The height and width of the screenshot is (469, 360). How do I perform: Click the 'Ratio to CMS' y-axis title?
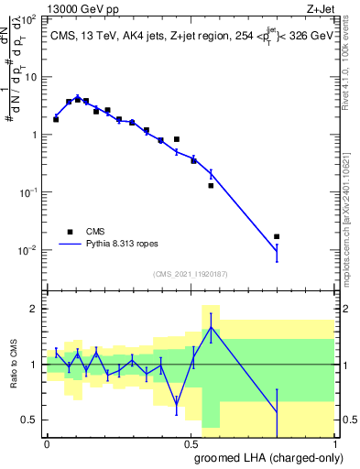[13, 380]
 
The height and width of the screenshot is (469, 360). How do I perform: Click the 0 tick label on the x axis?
[47, 443]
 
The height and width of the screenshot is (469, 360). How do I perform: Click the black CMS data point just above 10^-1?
[211, 186]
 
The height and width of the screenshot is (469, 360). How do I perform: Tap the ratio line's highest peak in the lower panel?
[211, 327]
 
